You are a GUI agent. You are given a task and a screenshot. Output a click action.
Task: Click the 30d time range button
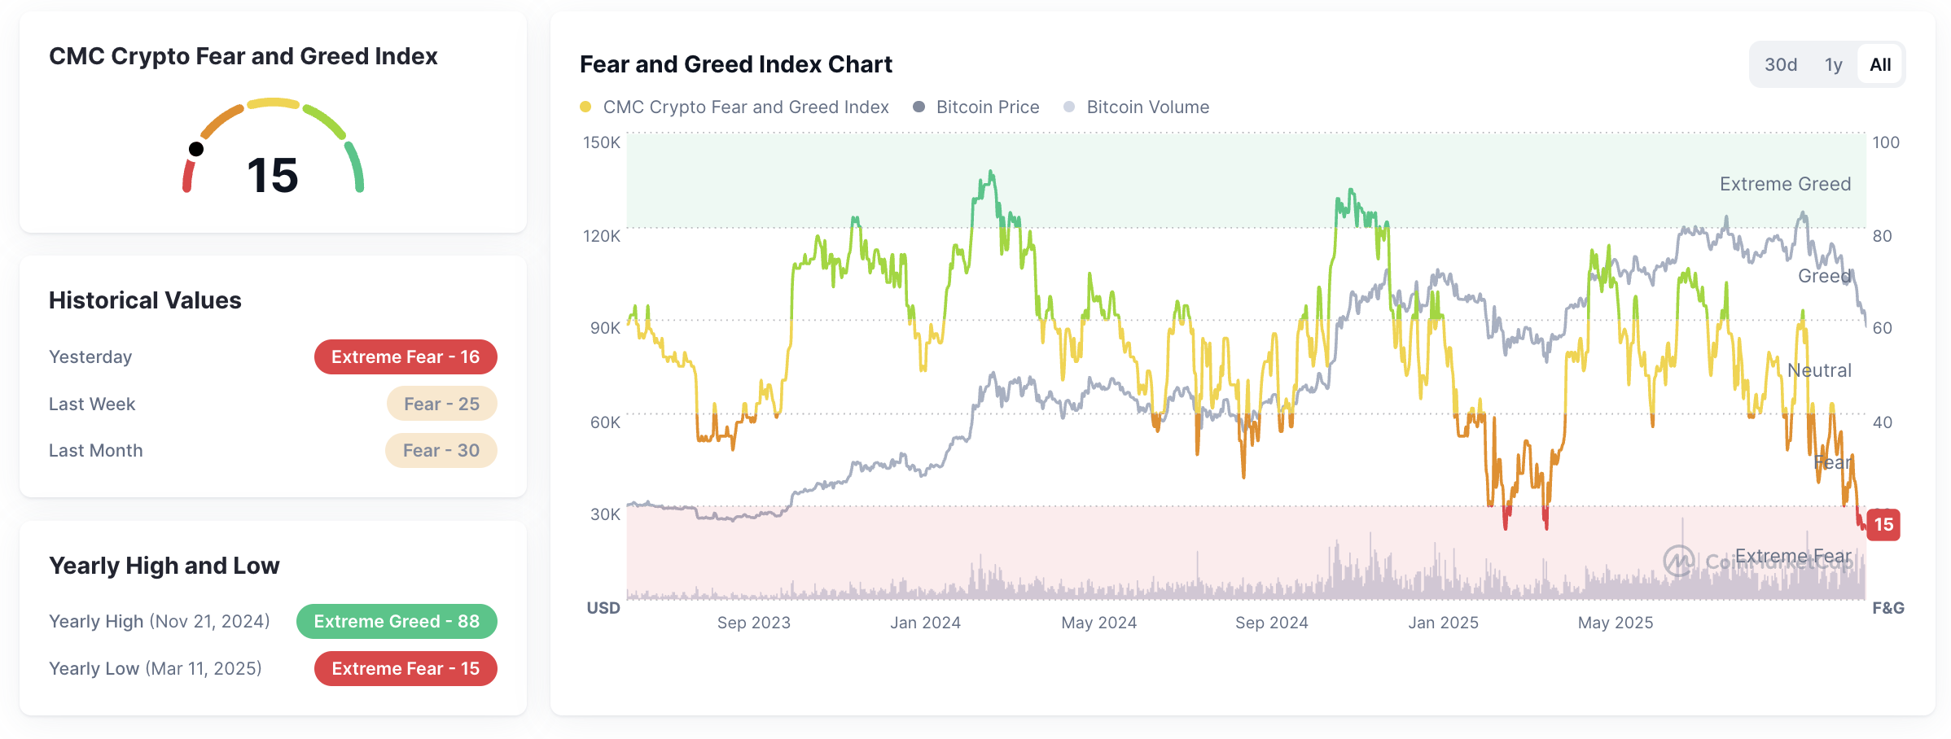click(1780, 65)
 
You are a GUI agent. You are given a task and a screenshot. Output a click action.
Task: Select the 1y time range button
click(1833, 65)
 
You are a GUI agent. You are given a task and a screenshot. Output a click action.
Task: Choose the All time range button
click(1880, 65)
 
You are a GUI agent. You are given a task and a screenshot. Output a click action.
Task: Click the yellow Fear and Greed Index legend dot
click(585, 107)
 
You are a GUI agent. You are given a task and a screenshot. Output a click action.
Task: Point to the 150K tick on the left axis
click(601, 142)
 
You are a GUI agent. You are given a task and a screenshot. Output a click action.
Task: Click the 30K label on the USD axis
click(605, 514)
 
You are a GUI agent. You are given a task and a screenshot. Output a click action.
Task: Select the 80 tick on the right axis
click(1882, 236)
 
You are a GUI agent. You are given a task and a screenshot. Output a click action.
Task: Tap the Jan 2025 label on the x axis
click(1443, 623)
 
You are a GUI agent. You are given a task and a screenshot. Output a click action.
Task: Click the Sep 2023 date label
click(753, 623)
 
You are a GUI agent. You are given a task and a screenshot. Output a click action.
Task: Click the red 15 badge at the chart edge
click(1883, 525)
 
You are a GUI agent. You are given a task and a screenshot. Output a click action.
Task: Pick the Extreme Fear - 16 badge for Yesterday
click(406, 357)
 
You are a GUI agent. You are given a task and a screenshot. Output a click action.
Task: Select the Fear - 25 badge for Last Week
click(441, 404)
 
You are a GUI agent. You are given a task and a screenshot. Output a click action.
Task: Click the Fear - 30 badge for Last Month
click(441, 450)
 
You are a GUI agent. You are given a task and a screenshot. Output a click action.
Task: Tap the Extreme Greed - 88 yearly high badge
click(397, 622)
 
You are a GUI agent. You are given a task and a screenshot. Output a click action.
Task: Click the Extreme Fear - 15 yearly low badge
click(406, 669)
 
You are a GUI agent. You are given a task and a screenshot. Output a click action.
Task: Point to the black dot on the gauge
click(196, 149)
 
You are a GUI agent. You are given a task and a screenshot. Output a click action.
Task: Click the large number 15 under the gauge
click(273, 175)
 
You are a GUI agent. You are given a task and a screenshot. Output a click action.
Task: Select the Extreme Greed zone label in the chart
click(1785, 184)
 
